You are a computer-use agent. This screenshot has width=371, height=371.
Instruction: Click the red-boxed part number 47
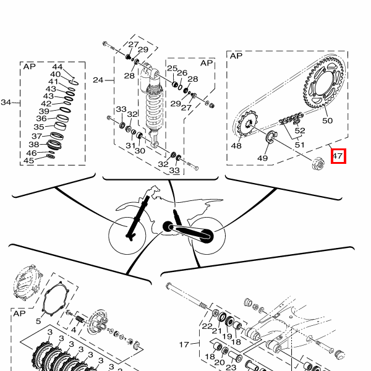(x=338, y=156)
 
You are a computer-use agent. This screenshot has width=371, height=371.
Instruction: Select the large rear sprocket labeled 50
(x=323, y=82)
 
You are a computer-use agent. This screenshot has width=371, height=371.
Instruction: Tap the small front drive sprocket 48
(x=247, y=124)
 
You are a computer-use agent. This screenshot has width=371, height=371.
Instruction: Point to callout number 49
(x=262, y=158)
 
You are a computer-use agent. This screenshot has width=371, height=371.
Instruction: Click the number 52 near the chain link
(x=300, y=130)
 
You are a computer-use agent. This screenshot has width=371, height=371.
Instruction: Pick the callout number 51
(x=299, y=145)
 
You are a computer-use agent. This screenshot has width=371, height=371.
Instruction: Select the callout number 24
(x=98, y=80)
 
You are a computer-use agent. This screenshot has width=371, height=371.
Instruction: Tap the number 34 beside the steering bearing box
(x=6, y=103)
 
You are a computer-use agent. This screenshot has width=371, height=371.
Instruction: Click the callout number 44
(x=58, y=67)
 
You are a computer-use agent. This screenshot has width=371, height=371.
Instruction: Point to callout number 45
(x=29, y=161)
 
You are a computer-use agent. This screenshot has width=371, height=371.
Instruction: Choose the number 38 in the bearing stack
(x=34, y=144)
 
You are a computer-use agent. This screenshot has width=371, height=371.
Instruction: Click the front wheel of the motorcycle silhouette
(x=127, y=236)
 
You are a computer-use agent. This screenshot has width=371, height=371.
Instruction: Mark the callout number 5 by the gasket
(x=38, y=321)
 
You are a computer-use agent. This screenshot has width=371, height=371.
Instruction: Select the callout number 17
(x=184, y=344)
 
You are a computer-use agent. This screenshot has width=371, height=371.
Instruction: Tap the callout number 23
(x=231, y=367)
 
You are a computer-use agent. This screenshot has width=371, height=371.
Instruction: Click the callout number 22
(x=207, y=326)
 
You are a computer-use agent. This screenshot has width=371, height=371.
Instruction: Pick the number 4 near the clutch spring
(x=74, y=330)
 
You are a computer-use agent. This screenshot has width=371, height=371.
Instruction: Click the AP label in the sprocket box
(x=236, y=56)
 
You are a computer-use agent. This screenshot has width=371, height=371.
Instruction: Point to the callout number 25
(x=173, y=69)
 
